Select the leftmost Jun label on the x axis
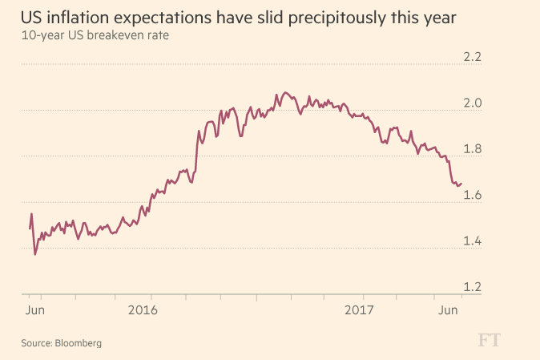point(34,309)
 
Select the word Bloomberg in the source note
point(79,343)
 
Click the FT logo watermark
point(494,341)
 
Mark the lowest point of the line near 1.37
point(35,254)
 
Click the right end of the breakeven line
point(461,183)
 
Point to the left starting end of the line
point(30,229)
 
